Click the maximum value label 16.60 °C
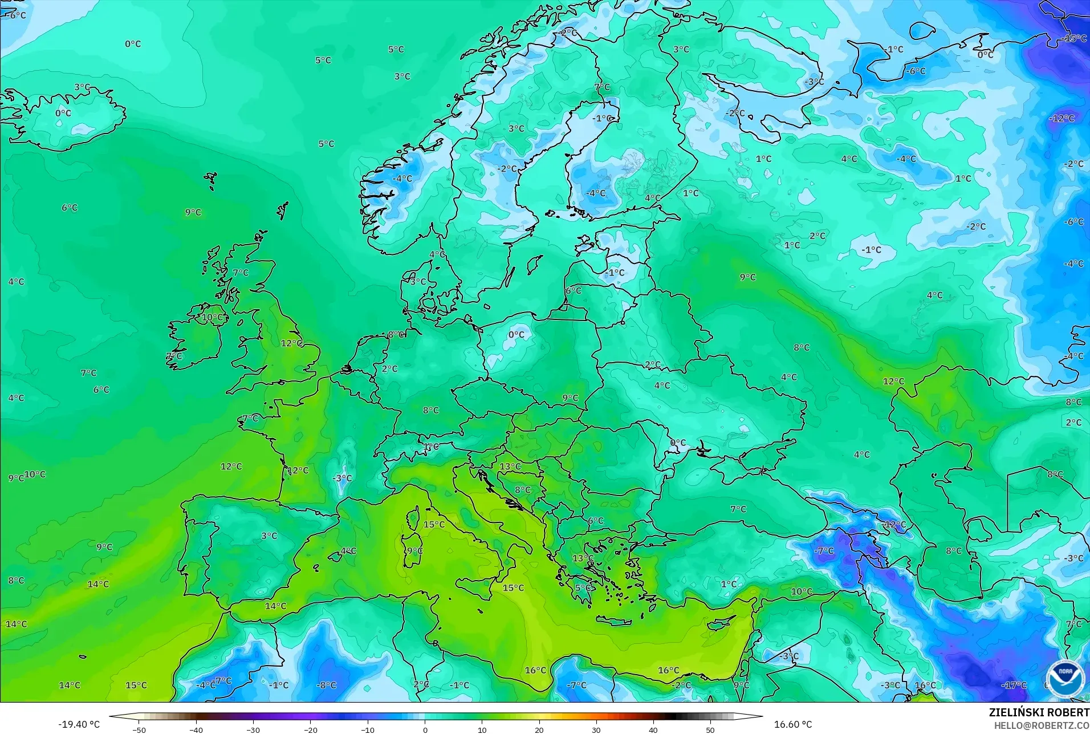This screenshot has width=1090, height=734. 792,724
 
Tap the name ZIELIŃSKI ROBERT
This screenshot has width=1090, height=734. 1039,712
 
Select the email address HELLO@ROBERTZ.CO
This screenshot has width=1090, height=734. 1042,725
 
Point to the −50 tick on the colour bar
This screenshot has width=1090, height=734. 139,729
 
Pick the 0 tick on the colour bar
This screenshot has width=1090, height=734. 425,729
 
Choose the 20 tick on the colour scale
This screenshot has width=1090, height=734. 539,729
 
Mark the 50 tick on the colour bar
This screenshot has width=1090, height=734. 710,729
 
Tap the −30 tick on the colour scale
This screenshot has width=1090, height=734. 253,729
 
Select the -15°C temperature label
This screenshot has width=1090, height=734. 1074,38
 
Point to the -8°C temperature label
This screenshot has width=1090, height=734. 326,685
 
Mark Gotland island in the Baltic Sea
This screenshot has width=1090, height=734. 534,264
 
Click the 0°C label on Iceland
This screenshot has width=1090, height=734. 63,113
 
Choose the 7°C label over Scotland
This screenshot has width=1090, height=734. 241,273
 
